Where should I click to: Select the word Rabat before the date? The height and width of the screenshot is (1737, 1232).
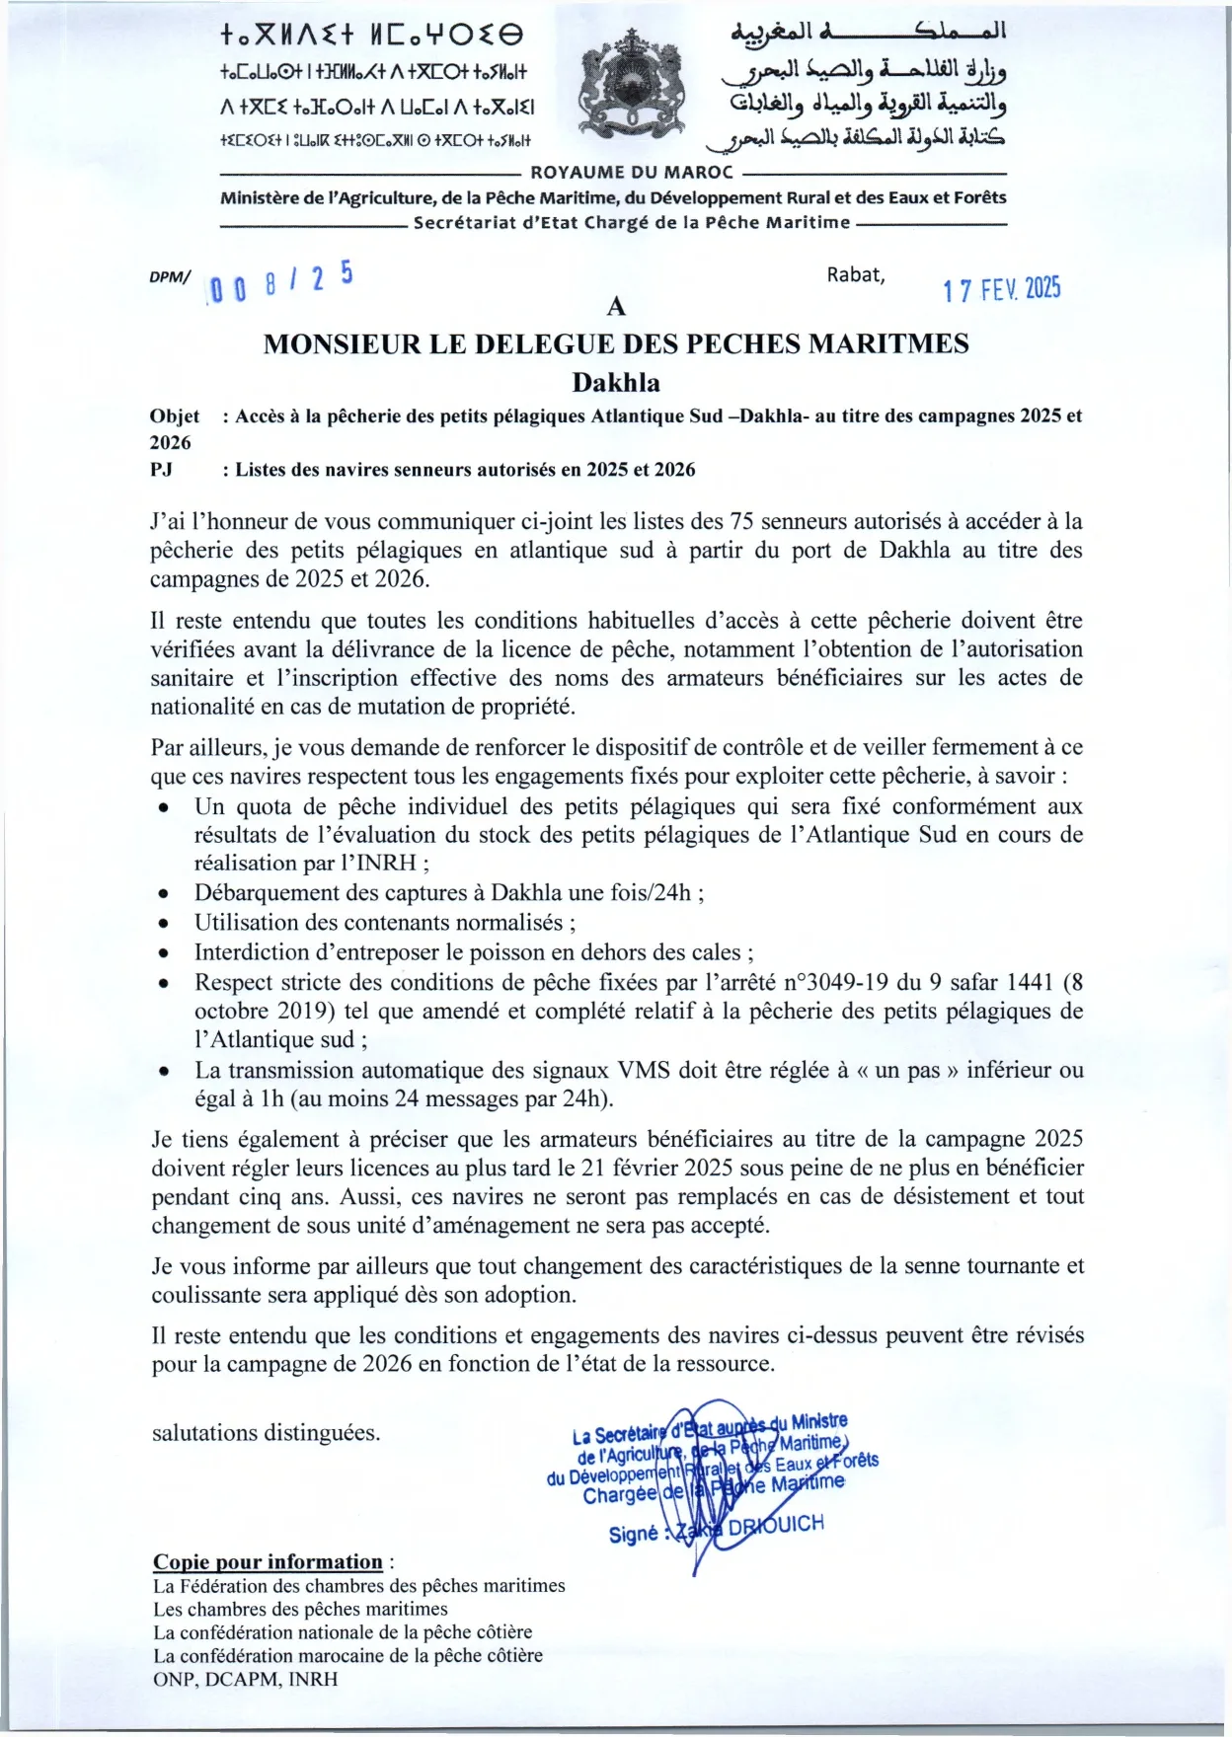[x=855, y=275]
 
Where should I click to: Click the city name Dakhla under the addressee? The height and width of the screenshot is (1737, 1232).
[x=616, y=383]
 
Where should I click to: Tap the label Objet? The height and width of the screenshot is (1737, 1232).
[x=175, y=416]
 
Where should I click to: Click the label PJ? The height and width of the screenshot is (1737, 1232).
[x=162, y=470]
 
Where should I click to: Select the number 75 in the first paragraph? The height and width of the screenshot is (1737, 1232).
[x=741, y=521]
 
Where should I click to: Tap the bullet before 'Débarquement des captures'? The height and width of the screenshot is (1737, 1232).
[x=164, y=894]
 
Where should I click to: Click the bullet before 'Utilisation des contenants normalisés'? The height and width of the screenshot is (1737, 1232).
[x=164, y=924]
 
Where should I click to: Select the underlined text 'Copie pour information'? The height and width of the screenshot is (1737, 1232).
[x=268, y=1562]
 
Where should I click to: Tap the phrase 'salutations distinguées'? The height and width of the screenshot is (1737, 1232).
[x=266, y=1433]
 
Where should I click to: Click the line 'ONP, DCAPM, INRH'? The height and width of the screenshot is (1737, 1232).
[x=245, y=1679]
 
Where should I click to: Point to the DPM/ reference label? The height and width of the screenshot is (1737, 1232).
[x=170, y=277]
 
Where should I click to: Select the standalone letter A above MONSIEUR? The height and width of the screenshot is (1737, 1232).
[x=616, y=307]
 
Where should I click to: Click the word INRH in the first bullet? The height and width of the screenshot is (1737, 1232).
[x=388, y=864]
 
